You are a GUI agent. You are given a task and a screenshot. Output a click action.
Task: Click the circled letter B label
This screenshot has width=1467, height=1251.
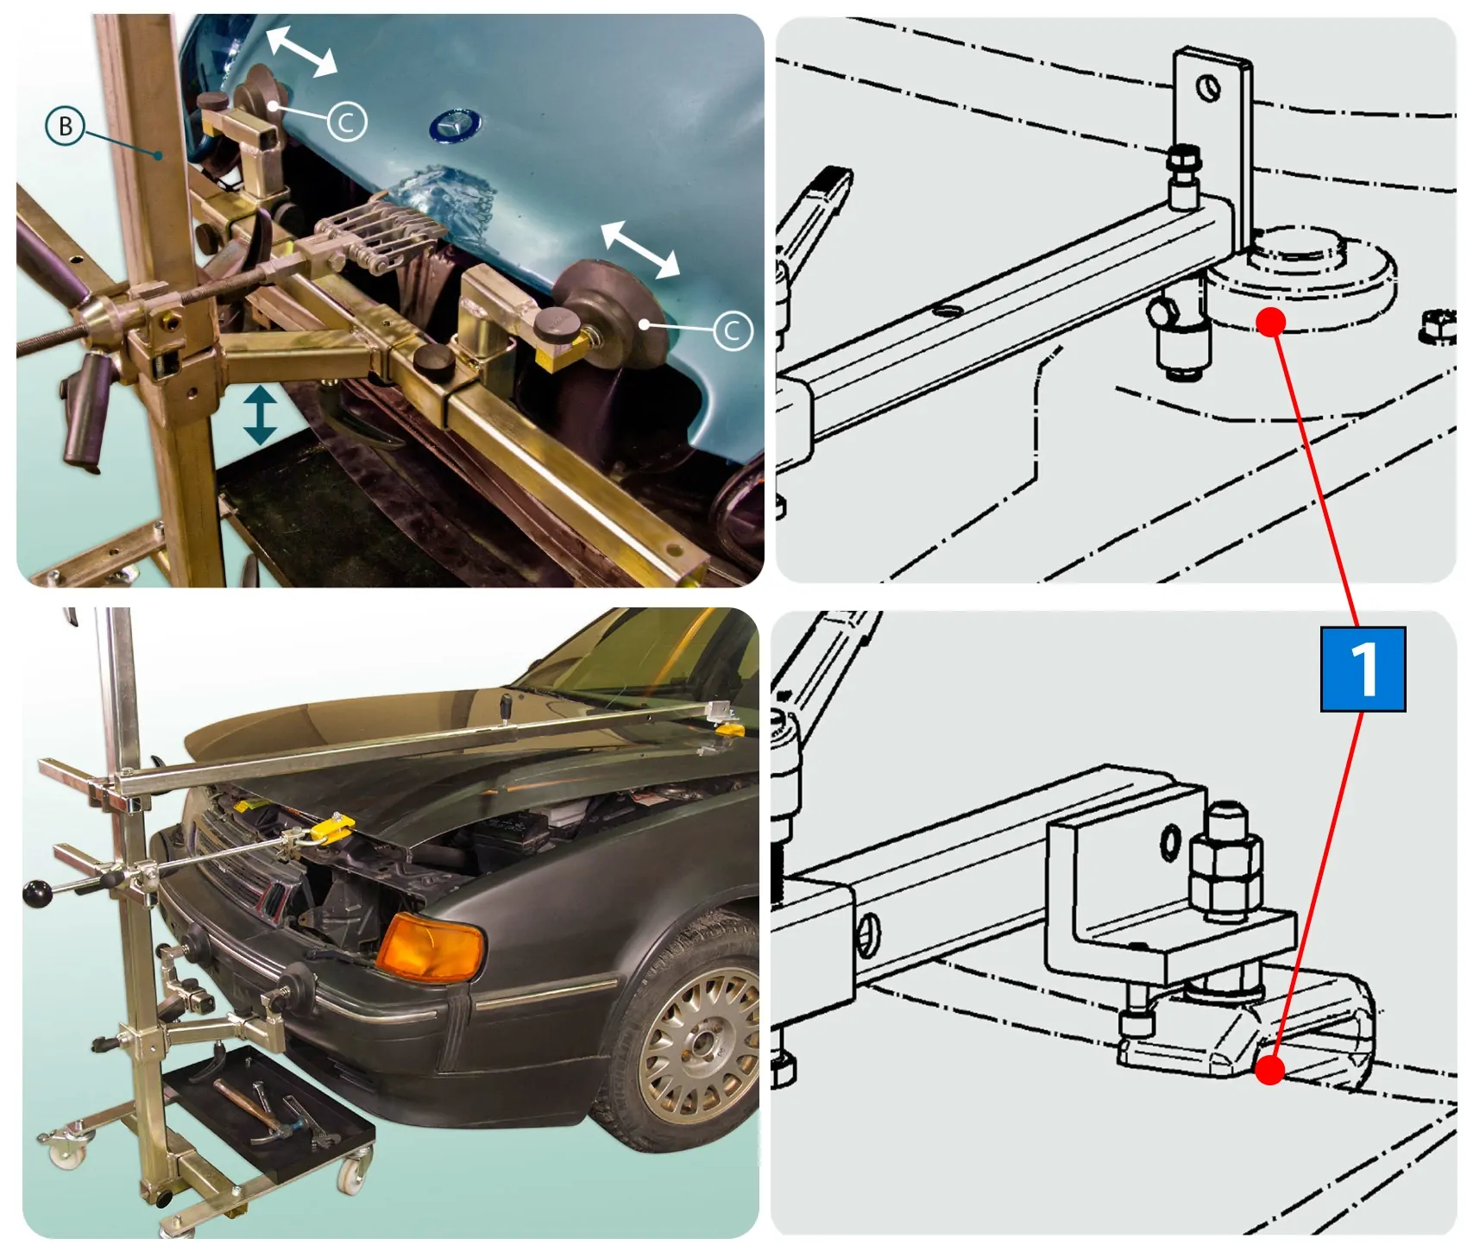[x=65, y=126]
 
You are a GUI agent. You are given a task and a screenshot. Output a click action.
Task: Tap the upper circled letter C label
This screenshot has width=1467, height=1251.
[x=347, y=122]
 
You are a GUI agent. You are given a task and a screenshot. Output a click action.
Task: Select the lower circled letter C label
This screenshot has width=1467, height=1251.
[x=733, y=330]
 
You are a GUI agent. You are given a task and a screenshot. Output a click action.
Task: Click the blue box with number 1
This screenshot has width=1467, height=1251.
[x=1363, y=670]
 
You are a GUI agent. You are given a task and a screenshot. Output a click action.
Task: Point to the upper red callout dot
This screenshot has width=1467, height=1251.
[x=1270, y=323]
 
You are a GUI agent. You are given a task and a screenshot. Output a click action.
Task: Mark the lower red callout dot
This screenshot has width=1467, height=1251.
[x=1269, y=1071]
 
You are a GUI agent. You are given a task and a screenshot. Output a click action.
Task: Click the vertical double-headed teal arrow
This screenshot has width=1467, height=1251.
[x=260, y=415]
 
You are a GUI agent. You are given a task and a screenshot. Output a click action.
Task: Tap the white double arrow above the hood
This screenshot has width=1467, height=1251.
[x=300, y=51]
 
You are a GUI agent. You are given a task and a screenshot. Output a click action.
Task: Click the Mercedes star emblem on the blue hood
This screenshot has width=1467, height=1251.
[x=456, y=127]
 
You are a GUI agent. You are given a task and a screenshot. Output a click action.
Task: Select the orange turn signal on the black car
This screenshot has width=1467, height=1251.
[x=429, y=946]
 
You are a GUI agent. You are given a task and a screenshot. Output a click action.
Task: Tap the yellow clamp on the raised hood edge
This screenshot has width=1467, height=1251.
[x=331, y=829]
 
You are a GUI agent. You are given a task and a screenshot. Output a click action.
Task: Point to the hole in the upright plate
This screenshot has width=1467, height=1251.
[x=1208, y=87]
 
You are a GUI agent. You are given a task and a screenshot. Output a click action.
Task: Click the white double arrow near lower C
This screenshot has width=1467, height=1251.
[x=639, y=249]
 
